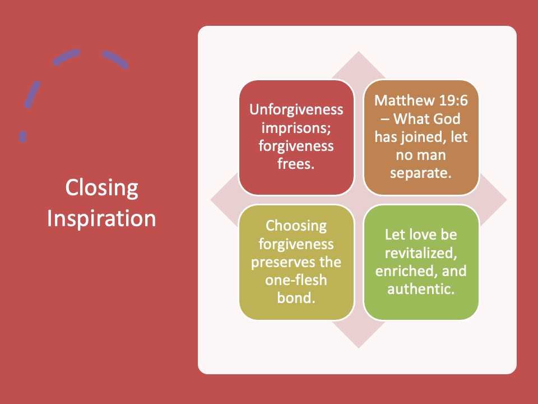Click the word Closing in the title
point(101,188)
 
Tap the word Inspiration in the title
point(101,218)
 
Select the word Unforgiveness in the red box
point(296,110)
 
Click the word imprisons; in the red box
point(296,128)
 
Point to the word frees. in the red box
point(296,164)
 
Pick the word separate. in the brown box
point(421,173)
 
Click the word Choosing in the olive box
point(296,226)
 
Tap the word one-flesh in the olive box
point(296,280)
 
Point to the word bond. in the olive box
point(296,298)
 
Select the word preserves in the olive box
point(284,263)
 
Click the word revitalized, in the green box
point(421,253)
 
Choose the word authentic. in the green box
point(421,289)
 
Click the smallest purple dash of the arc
point(22,136)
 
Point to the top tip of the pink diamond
point(359,52)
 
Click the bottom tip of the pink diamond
point(359,348)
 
